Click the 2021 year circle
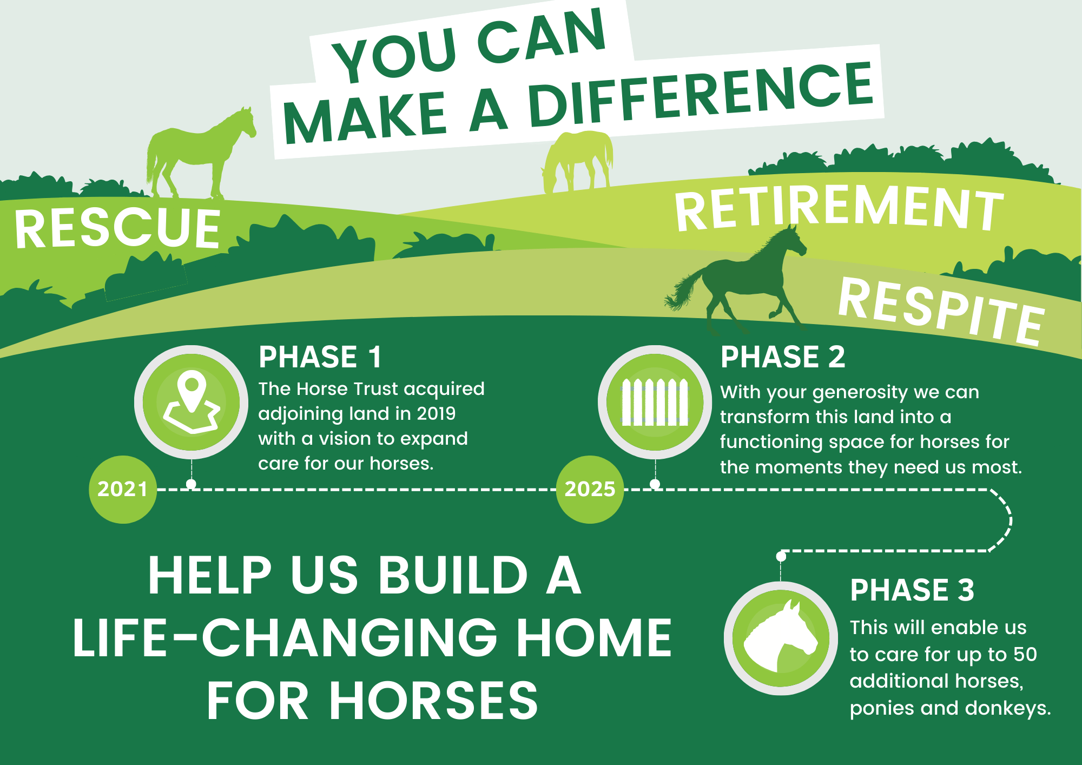click(123, 490)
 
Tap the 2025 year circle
click(590, 490)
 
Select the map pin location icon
click(192, 402)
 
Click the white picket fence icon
click(655, 402)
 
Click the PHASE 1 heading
click(320, 357)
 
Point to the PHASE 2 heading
click(783, 357)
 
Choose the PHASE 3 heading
click(912, 590)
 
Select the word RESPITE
click(941, 312)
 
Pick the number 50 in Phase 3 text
click(1025, 654)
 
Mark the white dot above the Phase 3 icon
click(781, 556)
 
